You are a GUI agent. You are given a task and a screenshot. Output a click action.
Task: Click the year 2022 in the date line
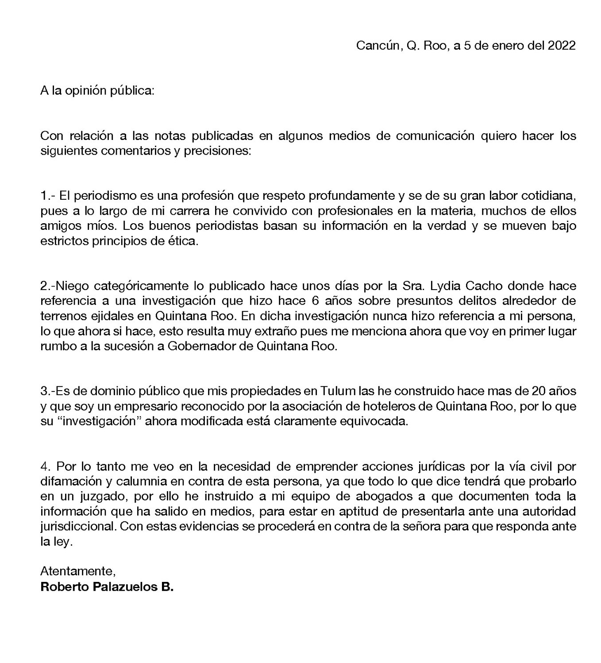(x=562, y=46)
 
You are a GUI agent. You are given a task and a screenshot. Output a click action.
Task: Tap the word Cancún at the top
(x=377, y=46)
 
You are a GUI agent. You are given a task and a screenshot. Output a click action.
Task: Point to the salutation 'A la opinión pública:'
(x=97, y=91)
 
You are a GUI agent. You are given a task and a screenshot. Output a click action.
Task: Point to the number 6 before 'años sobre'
(x=304, y=301)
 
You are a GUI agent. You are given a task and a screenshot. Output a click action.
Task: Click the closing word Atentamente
(x=78, y=571)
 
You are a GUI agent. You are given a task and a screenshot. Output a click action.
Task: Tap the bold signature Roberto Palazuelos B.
(x=107, y=587)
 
